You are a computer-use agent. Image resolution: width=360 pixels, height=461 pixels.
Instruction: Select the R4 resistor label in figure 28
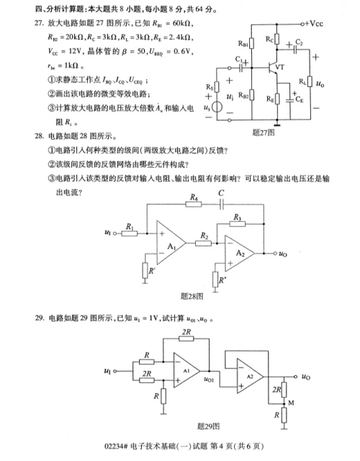[x=193, y=196]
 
